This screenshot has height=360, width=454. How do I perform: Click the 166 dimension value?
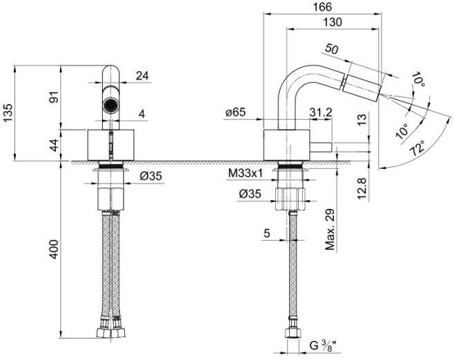[x=322, y=7]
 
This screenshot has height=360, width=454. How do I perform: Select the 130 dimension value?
[x=333, y=22]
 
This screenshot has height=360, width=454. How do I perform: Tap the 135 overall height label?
[x=9, y=112]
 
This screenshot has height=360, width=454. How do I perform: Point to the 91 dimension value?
[x=54, y=97]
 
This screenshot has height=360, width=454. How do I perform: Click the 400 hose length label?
[x=55, y=249]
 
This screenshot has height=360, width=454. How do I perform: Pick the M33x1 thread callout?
[x=246, y=174]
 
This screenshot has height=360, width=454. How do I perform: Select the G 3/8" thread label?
[x=324, y=346]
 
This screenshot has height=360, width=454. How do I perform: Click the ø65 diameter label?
[x=236, y=112]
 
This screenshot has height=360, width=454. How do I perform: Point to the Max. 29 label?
[x=330, y=230]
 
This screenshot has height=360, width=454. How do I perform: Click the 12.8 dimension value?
[x=362, y=189]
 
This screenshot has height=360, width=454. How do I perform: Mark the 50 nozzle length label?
[x=331, y=49]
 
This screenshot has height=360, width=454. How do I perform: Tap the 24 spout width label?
[x=142, y=76]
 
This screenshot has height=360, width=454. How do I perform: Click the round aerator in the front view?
[x=111, y=105]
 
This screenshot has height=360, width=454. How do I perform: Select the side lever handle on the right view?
[x=321, y=147]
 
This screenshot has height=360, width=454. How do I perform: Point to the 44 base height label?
[x=54, y=146]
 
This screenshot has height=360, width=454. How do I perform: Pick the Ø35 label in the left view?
[x=151, y=176]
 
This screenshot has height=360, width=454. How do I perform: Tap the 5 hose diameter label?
[x=266, y=233]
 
